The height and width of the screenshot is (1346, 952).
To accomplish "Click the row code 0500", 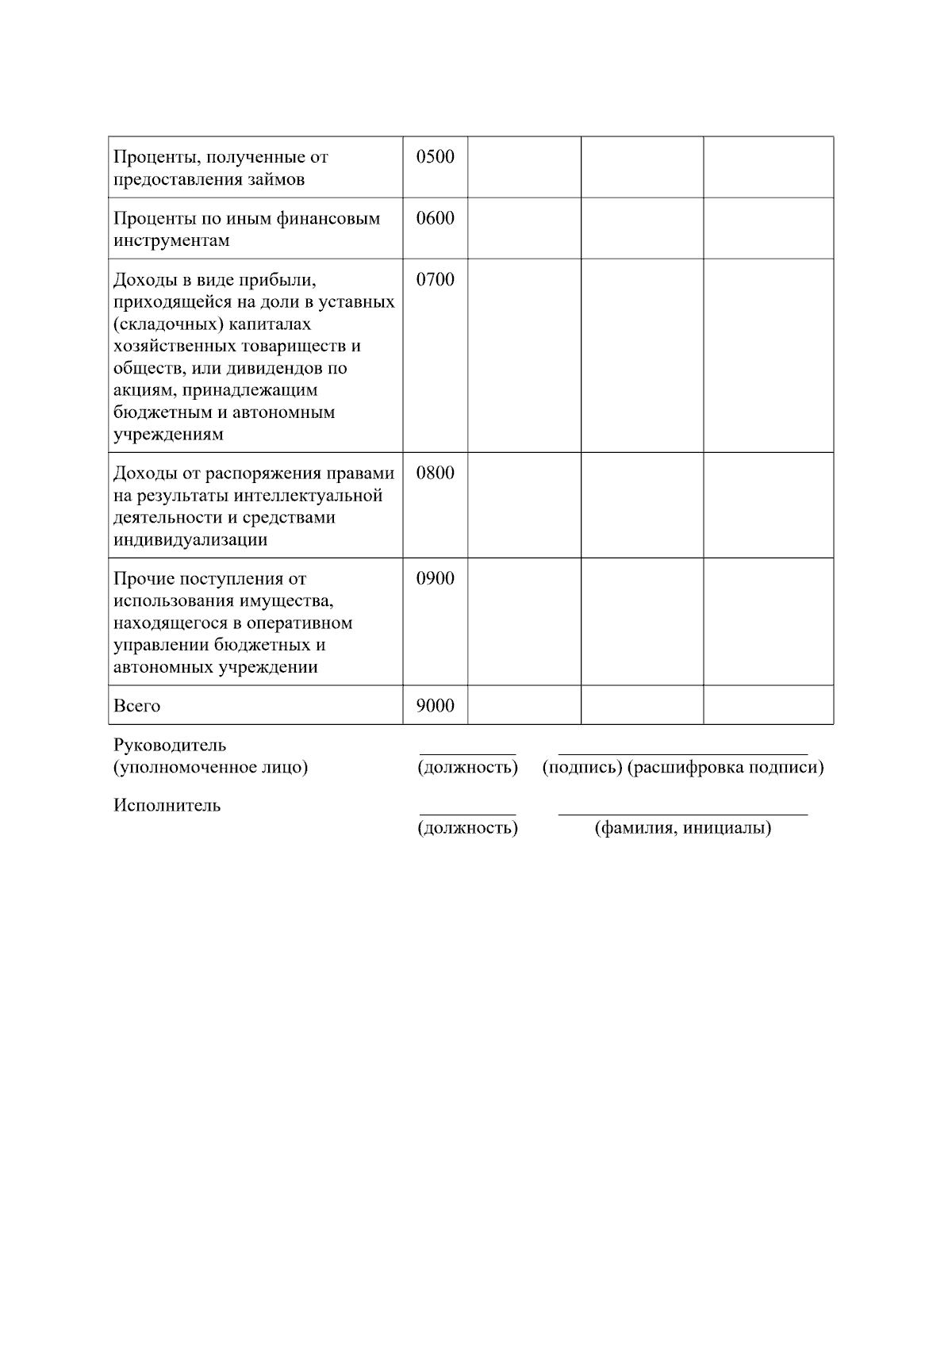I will tap(436, 157).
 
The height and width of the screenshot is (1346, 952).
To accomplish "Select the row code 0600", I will tap(436, 219).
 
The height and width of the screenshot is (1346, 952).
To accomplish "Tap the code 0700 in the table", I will tap(436, 280).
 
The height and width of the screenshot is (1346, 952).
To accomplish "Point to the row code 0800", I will tap(436, 474).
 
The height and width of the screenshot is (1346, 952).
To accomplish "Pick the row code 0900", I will tap(436, 579).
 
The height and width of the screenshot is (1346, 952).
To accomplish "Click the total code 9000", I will tap(436, 706).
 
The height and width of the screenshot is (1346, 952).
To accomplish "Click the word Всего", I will tap(136, 706).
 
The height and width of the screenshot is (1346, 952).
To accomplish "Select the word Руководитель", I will tap(170, 746).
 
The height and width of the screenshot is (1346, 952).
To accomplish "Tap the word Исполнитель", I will tap(167, 806).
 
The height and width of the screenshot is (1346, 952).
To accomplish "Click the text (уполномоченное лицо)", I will tap(210, 768).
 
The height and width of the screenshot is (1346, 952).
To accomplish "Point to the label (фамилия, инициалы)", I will tap(683, 829).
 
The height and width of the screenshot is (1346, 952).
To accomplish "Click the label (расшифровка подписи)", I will tap(725, 768).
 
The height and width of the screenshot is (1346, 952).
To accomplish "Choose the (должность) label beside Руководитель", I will tap(467, 768).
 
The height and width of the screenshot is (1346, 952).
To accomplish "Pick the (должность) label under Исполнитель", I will tap(467, 829).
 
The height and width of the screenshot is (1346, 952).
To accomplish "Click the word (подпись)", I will tap(582, 768).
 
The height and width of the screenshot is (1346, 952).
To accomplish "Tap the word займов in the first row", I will tap(275, 179).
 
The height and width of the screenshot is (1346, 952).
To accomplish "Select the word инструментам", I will tap(171, 241).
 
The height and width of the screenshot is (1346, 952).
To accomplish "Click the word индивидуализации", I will tap(190, 540).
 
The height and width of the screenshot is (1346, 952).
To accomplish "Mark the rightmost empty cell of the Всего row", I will tap(768, 705).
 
